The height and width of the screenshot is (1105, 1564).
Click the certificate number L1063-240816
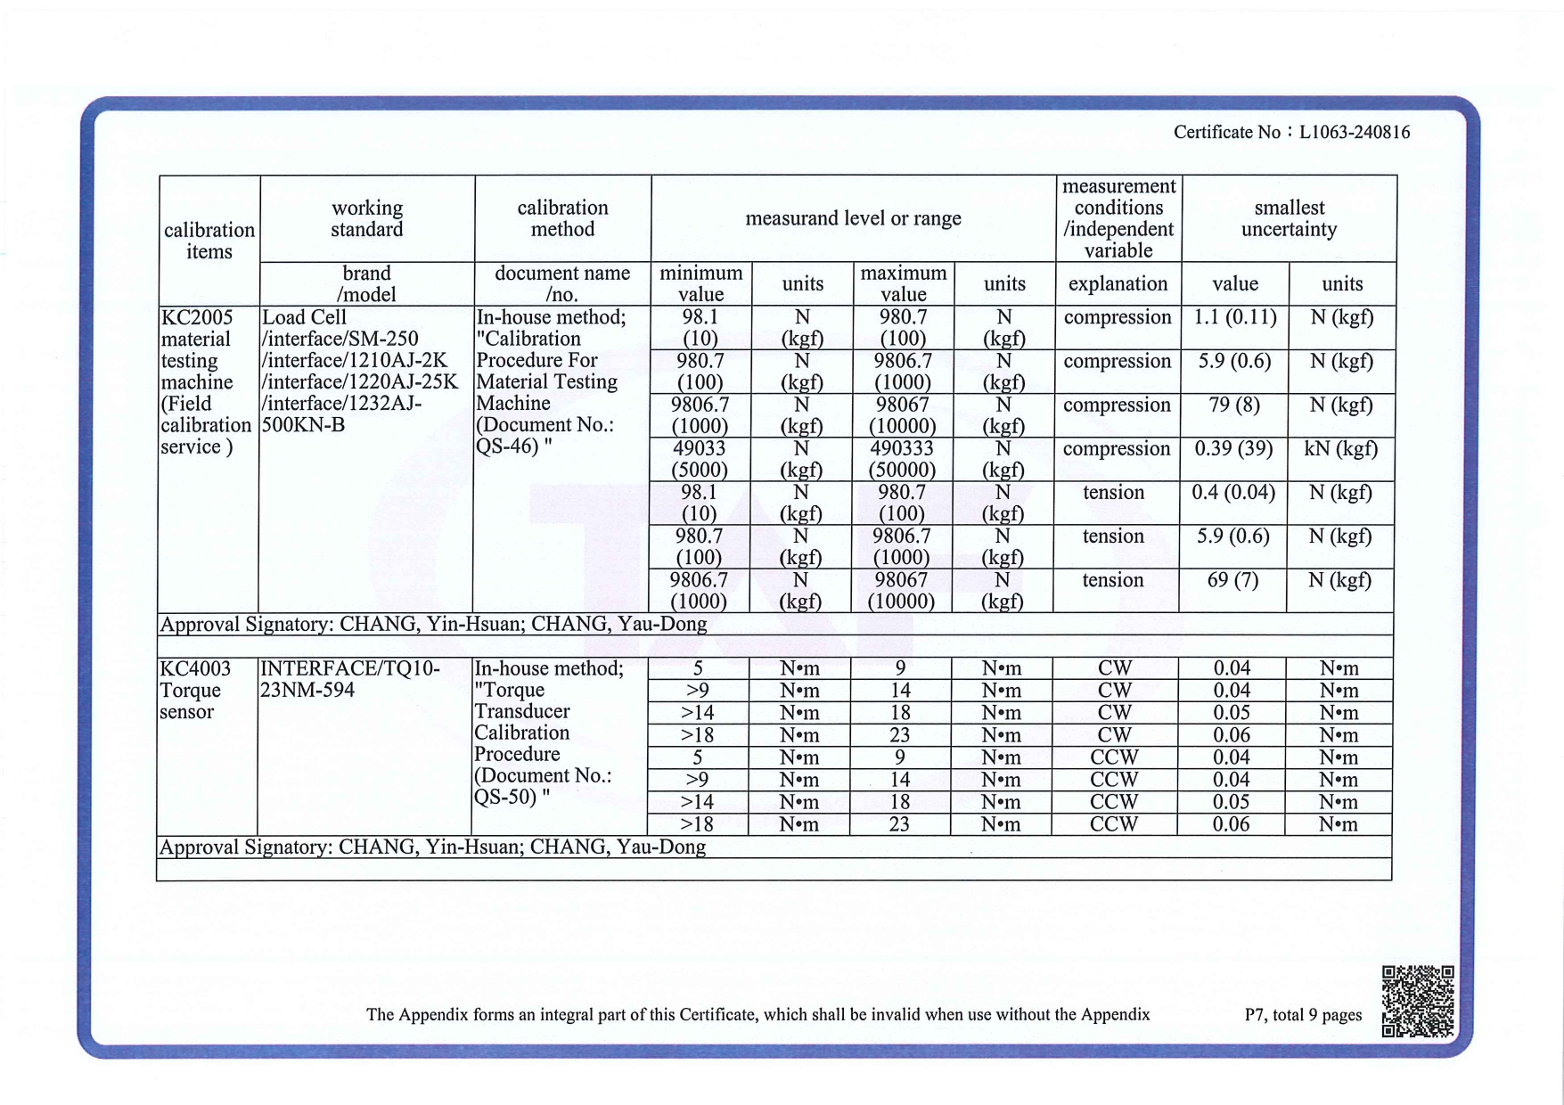pyautogui.click(x=1354, y=133)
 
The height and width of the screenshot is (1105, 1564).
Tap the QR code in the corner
pyautogui.click(x=1418, y=1001)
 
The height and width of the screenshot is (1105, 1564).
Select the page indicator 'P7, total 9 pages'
pyautogui.click(x=1302, y=1015)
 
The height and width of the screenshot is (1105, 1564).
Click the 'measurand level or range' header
pyautogui.click(x=853, y=218)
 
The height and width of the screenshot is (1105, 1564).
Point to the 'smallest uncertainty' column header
pyautogui.click(x=1289, y=218)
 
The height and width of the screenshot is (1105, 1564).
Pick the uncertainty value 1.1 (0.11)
pyautogui.click(x=1234, y=317)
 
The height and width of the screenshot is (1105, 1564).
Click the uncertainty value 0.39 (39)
pyautogui.click(x=1233, y=448)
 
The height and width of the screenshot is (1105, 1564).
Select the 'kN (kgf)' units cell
pyautogui.click(x=1340, y=448)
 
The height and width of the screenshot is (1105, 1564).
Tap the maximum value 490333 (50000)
pyautogui.click(x=902, y=459)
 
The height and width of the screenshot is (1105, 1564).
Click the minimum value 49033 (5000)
pyautogui.click(x=700, y=459)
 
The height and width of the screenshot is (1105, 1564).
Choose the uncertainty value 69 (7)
pyautogui.click(x=1232, y=580)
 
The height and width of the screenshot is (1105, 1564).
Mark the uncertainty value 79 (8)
pyautogui.click(x=1233, y=405)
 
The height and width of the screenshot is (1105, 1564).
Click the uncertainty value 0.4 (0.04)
pyautogui.click(x=1233, y=492)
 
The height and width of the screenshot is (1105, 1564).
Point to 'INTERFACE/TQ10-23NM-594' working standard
pyautogui.click(x=349, y=679)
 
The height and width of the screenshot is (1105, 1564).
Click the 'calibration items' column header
pyautogui.click(x=209, y=241)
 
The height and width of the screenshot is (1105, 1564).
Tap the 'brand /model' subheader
pyautogui.click(x=366, y=283)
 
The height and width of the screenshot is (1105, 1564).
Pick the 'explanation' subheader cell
pyautogui.click(x=1118, y=283)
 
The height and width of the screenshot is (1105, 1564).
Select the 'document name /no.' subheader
pyautogui.click(x=562, y=283)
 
